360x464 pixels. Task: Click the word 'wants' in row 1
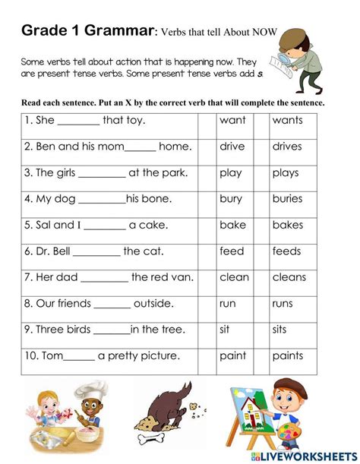[x=287, y=120]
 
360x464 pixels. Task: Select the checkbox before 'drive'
[x=207, y=147]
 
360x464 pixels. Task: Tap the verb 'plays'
[x=286, y=172]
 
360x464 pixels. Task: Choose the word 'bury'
[x=231, y=199]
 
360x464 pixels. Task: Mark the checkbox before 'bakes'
[x=261, y=225]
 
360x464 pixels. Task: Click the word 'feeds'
[x=287, y=251]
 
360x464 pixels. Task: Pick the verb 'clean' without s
[x=234, y=277]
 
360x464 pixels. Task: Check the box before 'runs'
[x=261, y=304]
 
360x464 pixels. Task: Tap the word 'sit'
[x=226, y=330]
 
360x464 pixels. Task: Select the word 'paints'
[x=288, y=355]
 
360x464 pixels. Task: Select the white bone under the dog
[x=163, y=440]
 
